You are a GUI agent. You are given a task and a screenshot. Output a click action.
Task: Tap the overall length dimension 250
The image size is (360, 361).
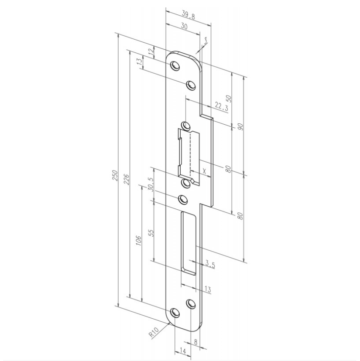(x=115, y=175)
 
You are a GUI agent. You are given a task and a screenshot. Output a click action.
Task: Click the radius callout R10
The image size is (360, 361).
(x=153, y=334)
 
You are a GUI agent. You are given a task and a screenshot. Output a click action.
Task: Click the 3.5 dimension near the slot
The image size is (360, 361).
(x=210, y=264)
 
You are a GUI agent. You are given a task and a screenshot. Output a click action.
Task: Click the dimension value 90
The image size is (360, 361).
(x=240, y=126)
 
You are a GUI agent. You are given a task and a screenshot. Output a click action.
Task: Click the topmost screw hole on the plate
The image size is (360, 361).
(x=175, y=66)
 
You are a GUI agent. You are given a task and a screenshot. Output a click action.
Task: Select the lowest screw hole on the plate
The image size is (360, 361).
(x=175, y=313)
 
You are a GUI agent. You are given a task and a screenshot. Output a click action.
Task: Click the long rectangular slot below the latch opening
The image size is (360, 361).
(x=190, y=242)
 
